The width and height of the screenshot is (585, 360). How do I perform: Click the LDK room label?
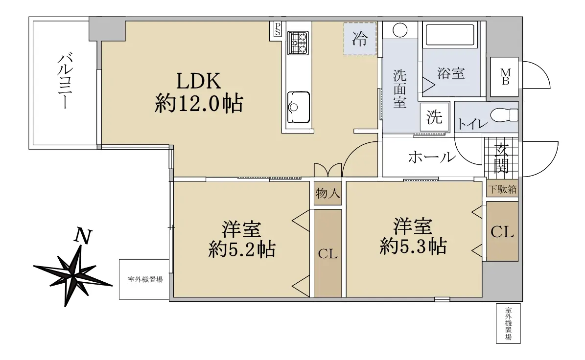198,81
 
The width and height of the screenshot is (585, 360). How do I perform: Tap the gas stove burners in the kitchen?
298,43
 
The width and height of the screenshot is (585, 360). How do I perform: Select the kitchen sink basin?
299,107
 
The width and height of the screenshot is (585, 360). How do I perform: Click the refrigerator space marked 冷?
360,39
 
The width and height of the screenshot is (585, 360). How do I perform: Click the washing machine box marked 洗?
434,117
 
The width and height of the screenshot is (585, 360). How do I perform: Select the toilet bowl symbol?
504,115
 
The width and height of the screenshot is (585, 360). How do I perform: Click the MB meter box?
504,77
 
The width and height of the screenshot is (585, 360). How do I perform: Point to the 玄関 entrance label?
501,158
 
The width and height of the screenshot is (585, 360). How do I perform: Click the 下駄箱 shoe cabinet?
503,189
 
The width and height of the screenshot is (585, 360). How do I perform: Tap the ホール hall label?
432,157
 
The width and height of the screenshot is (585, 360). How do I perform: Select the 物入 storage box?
328,193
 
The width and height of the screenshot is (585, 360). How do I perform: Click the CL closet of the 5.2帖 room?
328,253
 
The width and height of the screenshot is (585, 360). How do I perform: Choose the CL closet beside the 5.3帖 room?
502,232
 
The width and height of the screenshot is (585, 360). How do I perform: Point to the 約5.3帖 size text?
413,247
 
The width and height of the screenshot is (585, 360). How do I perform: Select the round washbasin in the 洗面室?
399,30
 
